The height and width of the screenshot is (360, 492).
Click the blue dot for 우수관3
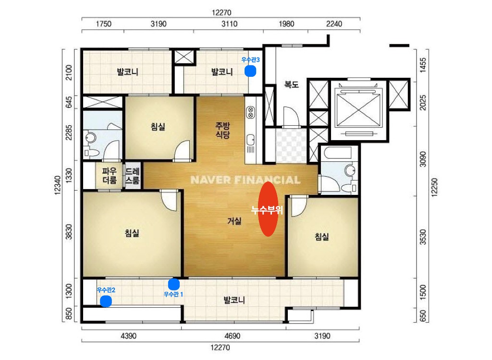click(250, 71)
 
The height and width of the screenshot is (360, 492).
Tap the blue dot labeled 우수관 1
click(174, 284)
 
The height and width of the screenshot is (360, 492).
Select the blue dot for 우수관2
click(106, 301)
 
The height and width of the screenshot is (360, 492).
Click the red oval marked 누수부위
click(268, 209)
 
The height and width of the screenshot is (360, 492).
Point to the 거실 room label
click(234, 221)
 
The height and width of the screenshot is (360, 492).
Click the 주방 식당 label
click(222, 130)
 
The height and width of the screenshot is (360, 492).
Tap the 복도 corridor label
click(291, 84)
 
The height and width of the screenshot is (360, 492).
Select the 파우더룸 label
click(110, 176)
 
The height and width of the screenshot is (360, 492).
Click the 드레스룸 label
click(133, 176)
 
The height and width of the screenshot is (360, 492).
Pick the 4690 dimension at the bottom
click(232, 336)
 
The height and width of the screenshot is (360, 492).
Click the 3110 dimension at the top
click(229, 24)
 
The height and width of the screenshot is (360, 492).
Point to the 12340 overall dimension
click(58, 185)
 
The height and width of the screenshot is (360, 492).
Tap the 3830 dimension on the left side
click(69, 232)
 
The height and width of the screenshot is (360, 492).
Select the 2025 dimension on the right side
click(423, 103)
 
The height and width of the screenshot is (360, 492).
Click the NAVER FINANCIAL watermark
click(246, 180)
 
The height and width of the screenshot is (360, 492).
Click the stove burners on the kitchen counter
click(250, 112)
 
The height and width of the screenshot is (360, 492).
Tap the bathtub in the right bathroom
click(338, 153)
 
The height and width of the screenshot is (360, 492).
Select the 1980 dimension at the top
click(286, 24)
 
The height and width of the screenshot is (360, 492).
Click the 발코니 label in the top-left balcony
click(127, 72)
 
